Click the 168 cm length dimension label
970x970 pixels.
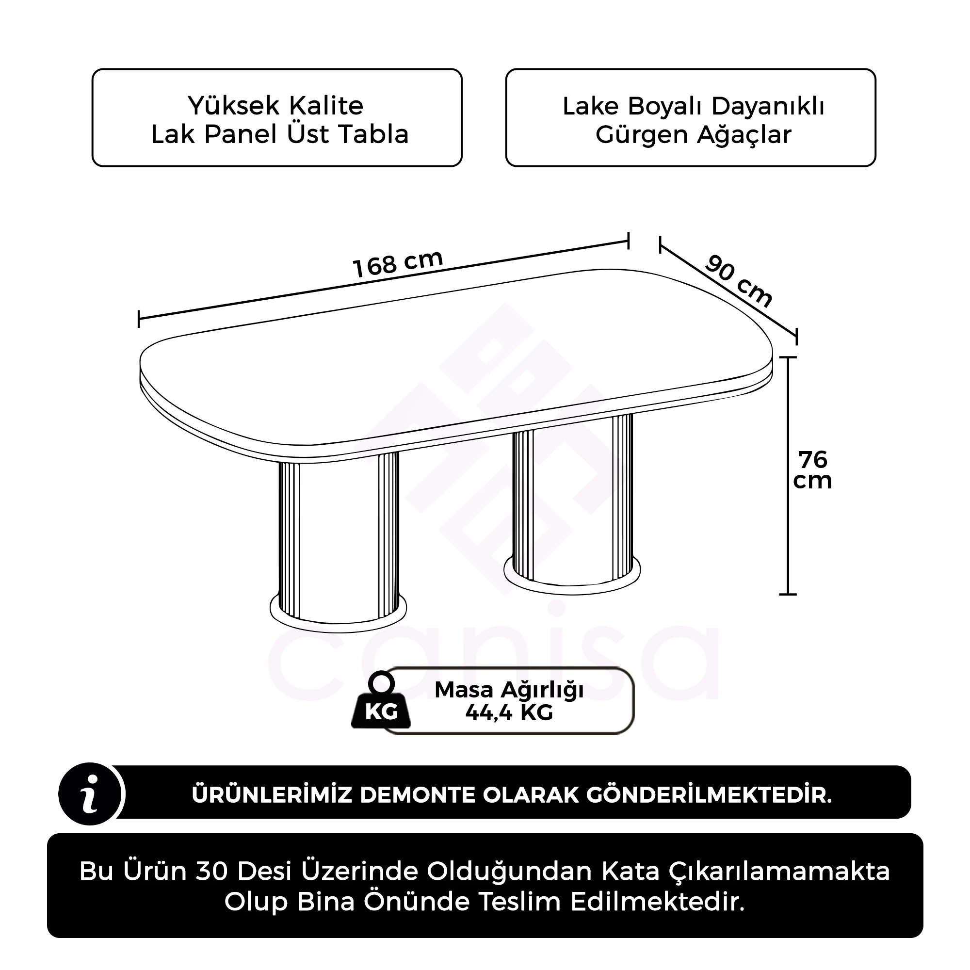click(x=398, y=263)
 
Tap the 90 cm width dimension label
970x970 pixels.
click(x=738, y=281)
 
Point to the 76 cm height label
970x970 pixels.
click(x=812, y=470)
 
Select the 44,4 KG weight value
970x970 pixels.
click(x=509, y=712)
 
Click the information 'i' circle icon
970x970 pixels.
click(x=90, y=795)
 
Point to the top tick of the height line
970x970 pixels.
click(x=788, y=357)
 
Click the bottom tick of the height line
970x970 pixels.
click(x=788, y=595)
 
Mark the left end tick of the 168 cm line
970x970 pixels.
click(x=139, y=319)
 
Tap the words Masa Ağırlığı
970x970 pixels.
click(x=509, y=690)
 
